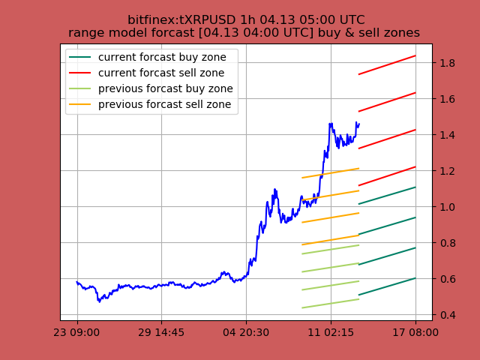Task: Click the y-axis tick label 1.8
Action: click(448, 63)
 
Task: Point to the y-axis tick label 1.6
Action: click(448, 99)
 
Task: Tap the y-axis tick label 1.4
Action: click(448, 135)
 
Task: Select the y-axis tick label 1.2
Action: click(448, 171)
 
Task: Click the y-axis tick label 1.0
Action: click(448, 207)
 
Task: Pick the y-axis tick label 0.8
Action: click(448, 243)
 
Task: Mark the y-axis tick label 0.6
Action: click(448, 279)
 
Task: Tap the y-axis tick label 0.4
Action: click(448, 315)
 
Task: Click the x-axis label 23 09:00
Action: click(77, 332)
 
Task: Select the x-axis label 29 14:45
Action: click(161, 332)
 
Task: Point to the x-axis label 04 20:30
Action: click(246, 332)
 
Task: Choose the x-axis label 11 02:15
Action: click(331, 332)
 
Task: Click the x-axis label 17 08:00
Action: click(415, 332)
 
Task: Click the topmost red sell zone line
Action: click(387, 65)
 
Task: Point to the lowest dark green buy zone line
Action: click(387, 286)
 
